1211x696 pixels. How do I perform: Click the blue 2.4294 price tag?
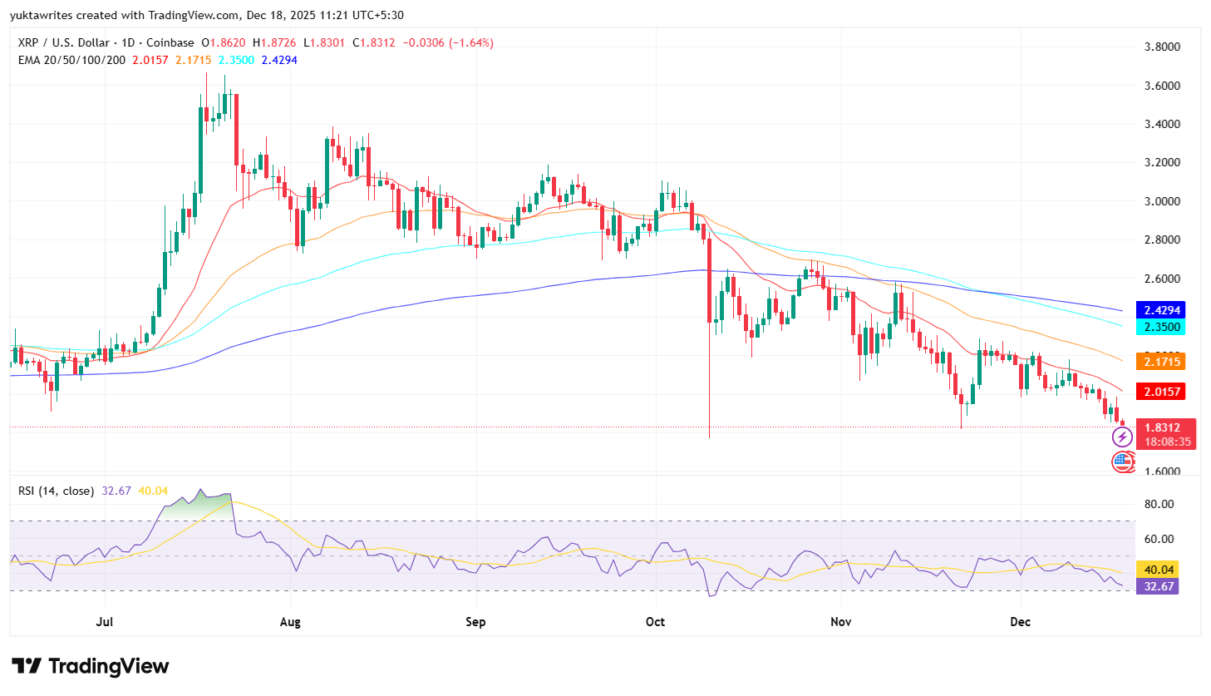pos(1160,310)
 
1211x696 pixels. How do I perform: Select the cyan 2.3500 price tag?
pos(1160,327)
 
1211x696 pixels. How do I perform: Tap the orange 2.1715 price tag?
pos(1160,362)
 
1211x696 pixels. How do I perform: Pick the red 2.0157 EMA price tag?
pos(1160,392)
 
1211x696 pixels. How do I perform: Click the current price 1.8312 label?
pos(1162,427)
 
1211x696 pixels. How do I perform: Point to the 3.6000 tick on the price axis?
pos(1162,86)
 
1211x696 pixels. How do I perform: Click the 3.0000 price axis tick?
pos(1162,201)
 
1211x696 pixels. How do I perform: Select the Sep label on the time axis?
pos(475,622)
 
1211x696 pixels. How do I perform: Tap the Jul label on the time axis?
pos(105,622)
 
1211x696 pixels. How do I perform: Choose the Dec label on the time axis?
pos(1020,622)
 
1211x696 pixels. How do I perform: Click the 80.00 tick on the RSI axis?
pos(1159,504)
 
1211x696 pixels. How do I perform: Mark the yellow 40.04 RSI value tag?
pos(1159,570)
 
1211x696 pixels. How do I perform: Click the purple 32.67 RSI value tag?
pos(1159,586)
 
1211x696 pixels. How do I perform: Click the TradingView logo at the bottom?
pos(91,666)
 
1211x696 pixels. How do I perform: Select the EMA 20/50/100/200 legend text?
pos(71,60)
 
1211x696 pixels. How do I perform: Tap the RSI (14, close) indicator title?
pos(56,491)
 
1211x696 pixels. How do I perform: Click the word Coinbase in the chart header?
pos(170,42)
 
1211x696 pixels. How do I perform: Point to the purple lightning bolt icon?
pos(1122,437)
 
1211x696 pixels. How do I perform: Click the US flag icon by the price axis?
pos(1123,462)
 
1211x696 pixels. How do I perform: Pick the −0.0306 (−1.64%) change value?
pos(448,42)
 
